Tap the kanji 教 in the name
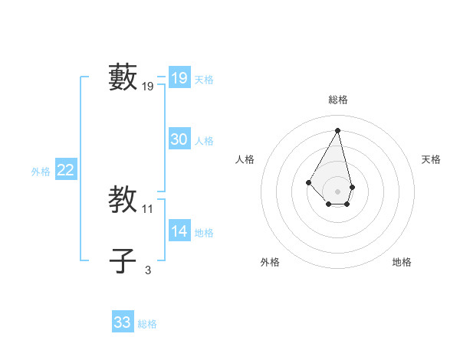(x=123, y=200)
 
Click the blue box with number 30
(x=179, y=139)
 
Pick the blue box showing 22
(x=66, y=171)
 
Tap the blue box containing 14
(x=179, y=231)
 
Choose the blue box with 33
(x=123, y=322)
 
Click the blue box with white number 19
(x=179, y=78)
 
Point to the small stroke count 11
(x=148, y=209)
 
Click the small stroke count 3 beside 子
(x=148, y=270)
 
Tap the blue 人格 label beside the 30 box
(x=204, y=141)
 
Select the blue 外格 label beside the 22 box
(x=41, y=172)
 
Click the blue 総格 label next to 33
(x=147, y=324)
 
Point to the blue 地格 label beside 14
(x=204, y=233)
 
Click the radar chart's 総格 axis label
(x=338, y=100)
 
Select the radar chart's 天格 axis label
(x=431, y=159)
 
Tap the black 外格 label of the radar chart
(x=270, y=262)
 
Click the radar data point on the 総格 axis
(x=338, y=130)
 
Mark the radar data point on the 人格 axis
(x=309, y=182)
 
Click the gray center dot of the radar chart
(x=338, y=191)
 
